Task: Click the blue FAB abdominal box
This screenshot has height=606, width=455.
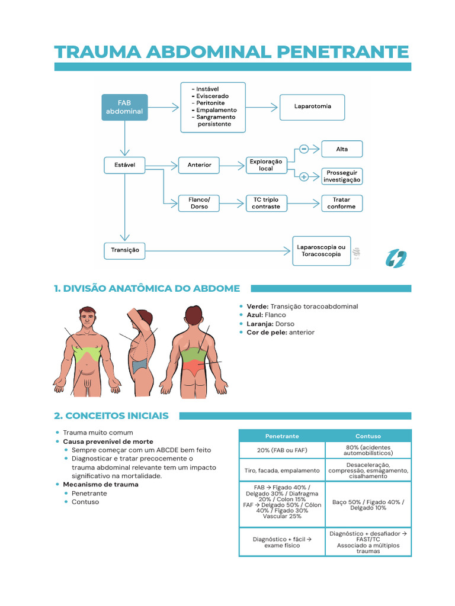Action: (x=124, y=107)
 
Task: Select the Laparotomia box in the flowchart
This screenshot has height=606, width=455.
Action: (x=312, y=107)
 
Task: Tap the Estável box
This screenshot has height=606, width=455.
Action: (x=124, y=165)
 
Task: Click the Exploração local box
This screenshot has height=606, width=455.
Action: (x=266, y=165)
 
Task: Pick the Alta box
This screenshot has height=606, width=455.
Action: (x=342, y=149)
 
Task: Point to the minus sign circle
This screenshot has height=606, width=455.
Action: (x=303, y=149)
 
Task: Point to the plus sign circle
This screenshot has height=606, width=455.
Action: (x=303, y=176)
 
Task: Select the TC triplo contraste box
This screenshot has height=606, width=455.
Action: (x=266, y=204)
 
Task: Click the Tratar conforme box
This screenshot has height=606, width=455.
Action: (x=342, y=204)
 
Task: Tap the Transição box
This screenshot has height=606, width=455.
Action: (x=124, y=250)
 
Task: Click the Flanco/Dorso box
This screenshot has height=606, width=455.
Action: (x=199, y=204)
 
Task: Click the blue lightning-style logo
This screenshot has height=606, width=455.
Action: (x=396, y=258)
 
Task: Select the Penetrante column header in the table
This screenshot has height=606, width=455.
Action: (x=282, y=436)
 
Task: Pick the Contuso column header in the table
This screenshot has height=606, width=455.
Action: (x=368, y=436)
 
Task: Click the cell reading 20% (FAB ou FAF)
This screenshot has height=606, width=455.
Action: (x=282, y=450)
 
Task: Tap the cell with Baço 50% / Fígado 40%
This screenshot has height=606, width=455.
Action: (x=368, y=504)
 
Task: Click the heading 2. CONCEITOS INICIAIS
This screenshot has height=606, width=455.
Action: (x=111, y=416)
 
